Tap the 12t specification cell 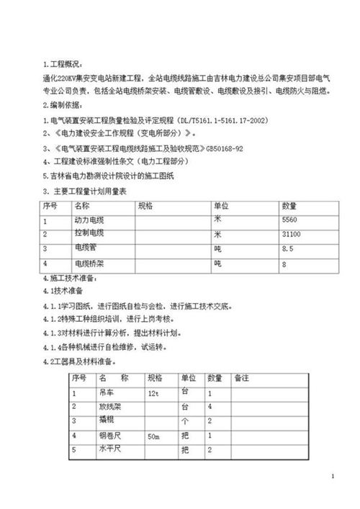coord(153,395)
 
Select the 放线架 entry coord(108,407)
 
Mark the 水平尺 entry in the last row coord(108,451)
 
